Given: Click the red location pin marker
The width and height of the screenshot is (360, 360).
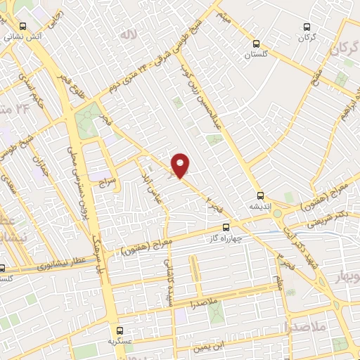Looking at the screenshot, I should point(181,165).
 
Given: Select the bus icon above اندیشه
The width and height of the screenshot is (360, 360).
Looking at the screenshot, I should point(260,196).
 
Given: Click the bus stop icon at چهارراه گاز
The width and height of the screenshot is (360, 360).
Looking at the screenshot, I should point(226,228).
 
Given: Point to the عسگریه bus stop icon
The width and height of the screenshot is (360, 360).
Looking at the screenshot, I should point(119,330).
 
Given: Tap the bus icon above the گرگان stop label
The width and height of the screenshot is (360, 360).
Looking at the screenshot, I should point(306,26).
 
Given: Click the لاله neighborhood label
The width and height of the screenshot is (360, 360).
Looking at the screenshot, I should point(127,34).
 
